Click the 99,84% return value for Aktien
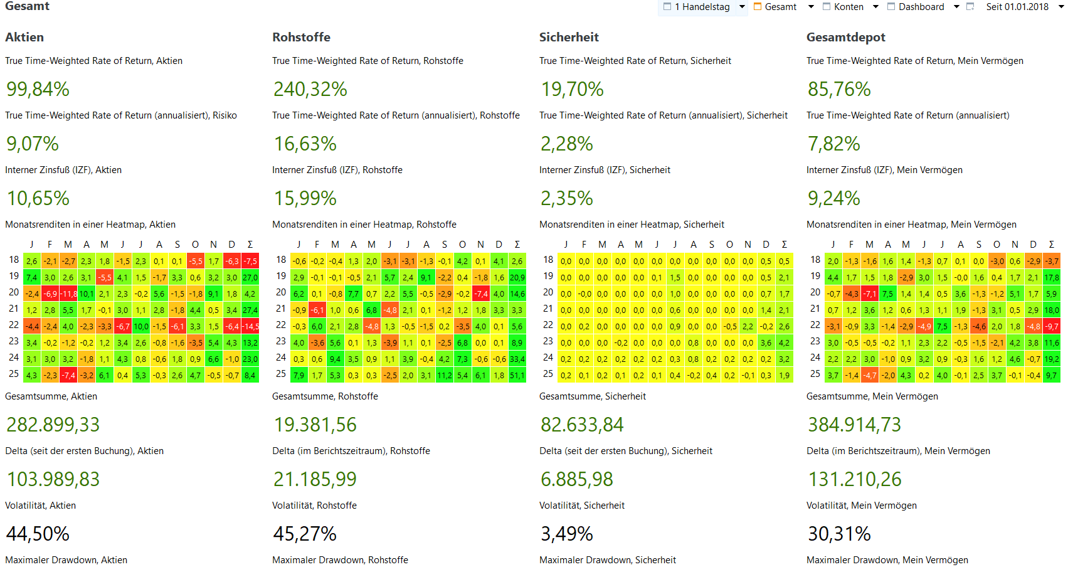(38, 89)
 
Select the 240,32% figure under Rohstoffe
(310, 89)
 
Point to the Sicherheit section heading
(569, 37)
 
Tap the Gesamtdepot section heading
(845, 37)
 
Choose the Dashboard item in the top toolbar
(921, 7)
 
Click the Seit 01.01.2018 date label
(1017, 7)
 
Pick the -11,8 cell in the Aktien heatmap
(68, 294)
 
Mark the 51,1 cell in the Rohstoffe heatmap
(517, 375)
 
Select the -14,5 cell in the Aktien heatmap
(250, 326)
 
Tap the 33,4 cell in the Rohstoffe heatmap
(517, 359)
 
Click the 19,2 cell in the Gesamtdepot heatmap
(1052, 359)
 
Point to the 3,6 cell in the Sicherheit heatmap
(766, 342)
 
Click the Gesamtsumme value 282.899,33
(53, 425)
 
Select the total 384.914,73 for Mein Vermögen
(854, 425)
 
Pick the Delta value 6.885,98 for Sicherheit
(577, 479)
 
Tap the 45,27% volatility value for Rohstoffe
(305, 534)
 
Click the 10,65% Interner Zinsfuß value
(38, 198)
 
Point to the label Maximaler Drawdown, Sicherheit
(607, 560)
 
